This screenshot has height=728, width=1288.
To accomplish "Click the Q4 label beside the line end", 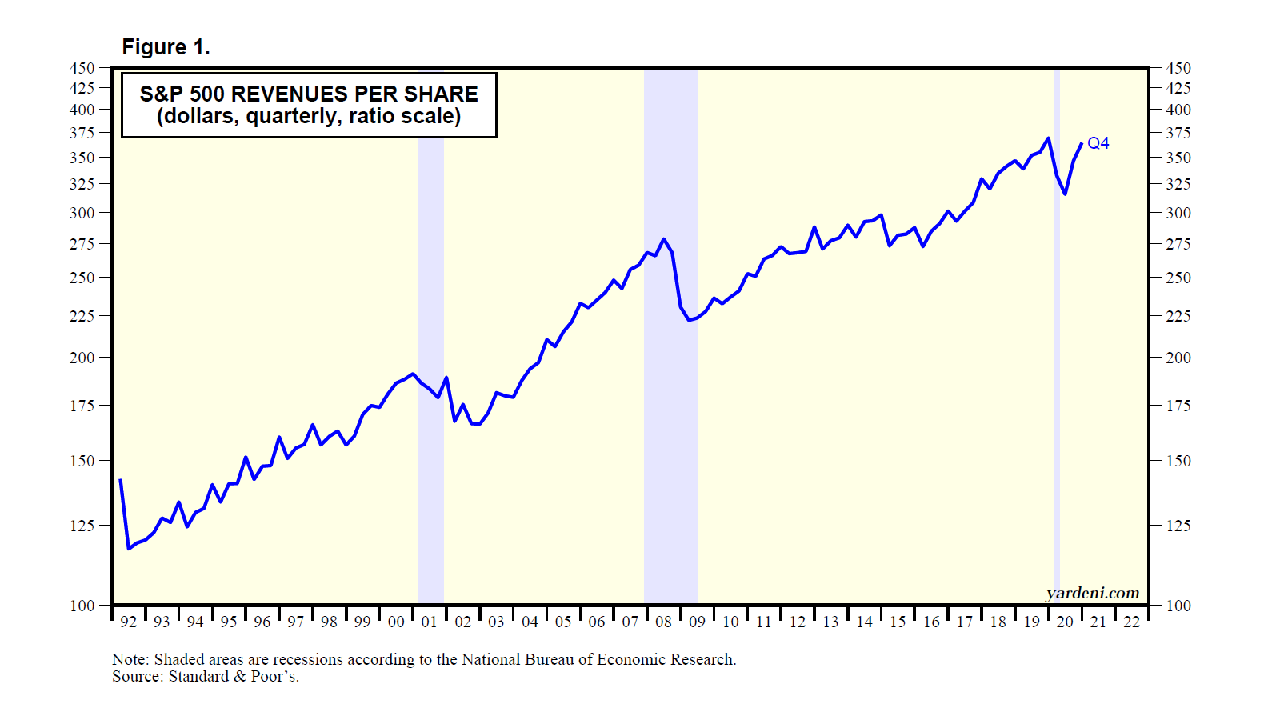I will click(x=1098, y=143).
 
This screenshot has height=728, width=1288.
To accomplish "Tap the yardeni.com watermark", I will click(x=1092, y=593).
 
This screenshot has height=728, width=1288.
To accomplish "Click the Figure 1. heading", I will click(x=166, y=47).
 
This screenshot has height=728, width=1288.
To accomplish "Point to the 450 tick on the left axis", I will click(x=82, y=68).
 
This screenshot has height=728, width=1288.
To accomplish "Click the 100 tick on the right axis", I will click(x=1178, y=606).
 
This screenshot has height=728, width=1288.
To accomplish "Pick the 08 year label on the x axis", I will click(x=663, y=622).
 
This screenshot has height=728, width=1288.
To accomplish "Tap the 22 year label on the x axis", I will click(x=1131, y=622).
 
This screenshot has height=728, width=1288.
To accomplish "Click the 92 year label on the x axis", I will click(x=128, y=622).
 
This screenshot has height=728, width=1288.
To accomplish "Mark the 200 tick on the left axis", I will click(x=82, y=358).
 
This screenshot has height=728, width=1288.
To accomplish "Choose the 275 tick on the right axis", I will click(x=1178, y=244).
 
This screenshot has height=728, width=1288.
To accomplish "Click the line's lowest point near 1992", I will click(x=129, y=548).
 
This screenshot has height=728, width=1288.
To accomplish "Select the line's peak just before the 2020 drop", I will click(x=1048, y=138).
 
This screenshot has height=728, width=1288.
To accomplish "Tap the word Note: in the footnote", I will click(x=130, y=659).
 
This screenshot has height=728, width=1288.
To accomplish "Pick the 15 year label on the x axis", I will click(x=898, y=622).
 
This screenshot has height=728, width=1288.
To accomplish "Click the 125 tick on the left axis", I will click(x=82, y=526).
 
